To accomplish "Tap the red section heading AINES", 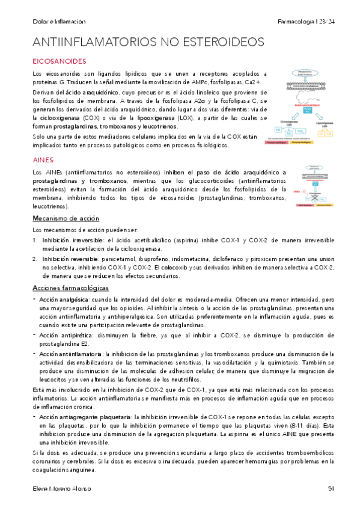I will tap(43, 161).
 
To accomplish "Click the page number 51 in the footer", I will tap(331, 488).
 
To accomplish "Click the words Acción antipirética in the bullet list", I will tap(64, 336).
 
